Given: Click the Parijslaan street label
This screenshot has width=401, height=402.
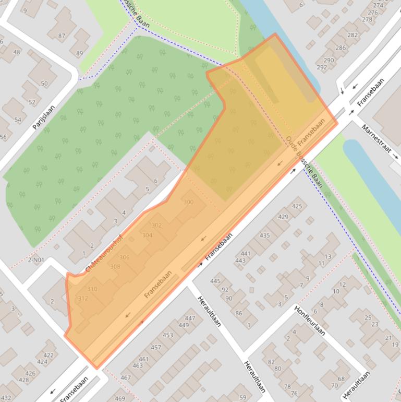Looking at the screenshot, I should coord(43,117).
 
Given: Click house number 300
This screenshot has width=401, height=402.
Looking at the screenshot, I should coord(188,202).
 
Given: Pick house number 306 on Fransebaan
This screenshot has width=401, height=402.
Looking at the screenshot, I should coord(124,257).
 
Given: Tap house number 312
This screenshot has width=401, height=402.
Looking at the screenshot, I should coord(82,299).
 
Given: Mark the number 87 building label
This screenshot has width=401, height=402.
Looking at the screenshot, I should coord(62,36).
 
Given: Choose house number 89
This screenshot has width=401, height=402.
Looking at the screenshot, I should coord(79,53).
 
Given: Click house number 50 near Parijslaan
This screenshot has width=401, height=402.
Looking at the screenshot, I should coord(44,84).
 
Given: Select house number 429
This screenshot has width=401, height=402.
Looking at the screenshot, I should coord(283,217).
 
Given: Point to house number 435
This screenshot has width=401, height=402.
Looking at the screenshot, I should coord(265,235).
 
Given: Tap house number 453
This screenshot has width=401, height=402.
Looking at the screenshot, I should coord(167,335).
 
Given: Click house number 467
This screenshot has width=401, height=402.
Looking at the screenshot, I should coord(126,377).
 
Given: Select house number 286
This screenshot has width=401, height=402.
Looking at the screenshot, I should coord(341,48).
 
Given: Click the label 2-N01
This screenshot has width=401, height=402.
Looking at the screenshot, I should coord(36,260).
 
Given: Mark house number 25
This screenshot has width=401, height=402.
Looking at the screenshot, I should coord(368,318).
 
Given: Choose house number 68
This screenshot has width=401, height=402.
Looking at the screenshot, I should coord(341,379).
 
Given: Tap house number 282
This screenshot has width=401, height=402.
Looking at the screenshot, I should coord(353,35).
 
